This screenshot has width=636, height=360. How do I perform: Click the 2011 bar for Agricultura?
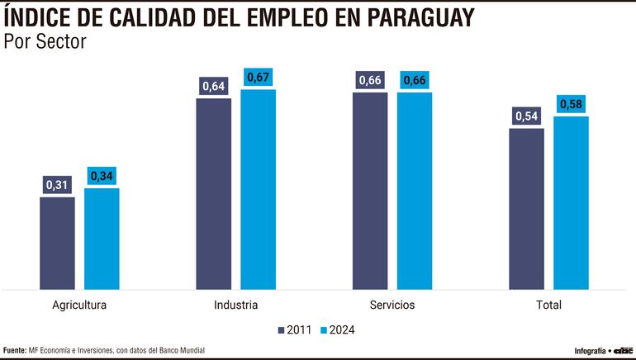click(57, 243)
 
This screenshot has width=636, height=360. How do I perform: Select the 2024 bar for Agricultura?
click(102, 239)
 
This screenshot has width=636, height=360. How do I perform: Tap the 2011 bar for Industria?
click(214, 194)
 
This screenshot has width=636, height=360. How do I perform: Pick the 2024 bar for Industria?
click(259, 189)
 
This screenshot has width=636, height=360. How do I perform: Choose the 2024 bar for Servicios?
click(415, 191)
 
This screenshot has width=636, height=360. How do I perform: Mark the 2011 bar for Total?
click(527, 209)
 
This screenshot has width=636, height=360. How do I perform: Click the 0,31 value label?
click(57, 185)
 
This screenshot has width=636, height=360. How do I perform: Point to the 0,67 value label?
click(259, 78)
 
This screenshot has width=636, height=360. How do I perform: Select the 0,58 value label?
click(572, 105)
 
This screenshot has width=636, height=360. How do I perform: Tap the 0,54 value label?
click(527, 116)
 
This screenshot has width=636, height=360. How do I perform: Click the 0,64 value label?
click(214, 87)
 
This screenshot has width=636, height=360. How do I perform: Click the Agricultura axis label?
click(79, 305)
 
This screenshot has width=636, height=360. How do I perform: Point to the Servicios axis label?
click(392, 305)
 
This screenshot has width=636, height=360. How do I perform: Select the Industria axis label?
click(236, 305)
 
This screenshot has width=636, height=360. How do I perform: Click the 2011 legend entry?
click(295, 329)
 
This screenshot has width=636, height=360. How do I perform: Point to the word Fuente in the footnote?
click(14, 350)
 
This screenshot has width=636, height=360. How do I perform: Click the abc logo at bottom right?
click(622, 350)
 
